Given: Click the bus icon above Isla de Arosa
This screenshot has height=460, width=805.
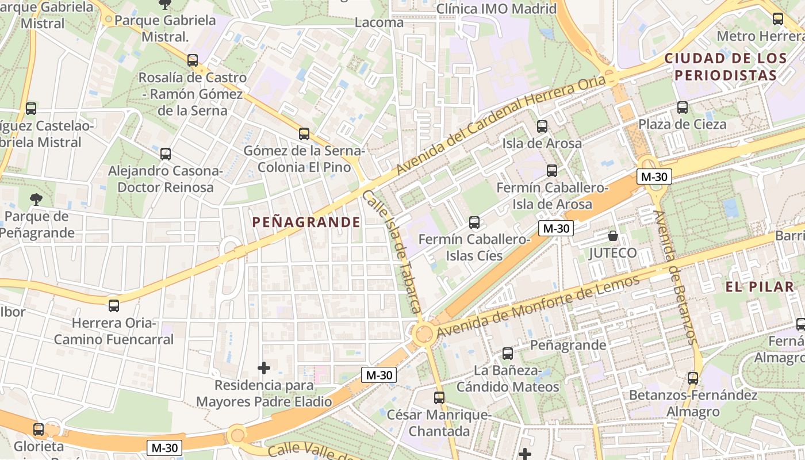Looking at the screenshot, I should click(542, 126).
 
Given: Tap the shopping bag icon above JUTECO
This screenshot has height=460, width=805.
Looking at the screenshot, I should click(613, 236).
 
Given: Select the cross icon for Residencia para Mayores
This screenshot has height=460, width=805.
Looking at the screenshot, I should click(264, 368).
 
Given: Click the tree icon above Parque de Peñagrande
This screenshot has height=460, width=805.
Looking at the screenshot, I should click(36, 200).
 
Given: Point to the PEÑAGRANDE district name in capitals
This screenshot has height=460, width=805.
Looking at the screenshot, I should click(306, 223).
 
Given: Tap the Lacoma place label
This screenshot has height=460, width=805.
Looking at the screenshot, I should click(379, 23).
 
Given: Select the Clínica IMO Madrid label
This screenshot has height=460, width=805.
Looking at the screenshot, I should click(496, 9).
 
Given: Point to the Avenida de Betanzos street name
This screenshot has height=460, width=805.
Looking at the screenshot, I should click(675, 276).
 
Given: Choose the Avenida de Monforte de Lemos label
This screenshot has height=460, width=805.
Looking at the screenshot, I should click(538, 306).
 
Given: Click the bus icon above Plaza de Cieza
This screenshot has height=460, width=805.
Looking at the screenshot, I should click(683, 108).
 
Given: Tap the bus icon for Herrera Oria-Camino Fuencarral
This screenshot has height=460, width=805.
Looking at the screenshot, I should click(114, 306).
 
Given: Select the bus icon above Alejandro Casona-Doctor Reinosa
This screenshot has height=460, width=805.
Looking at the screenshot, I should click(166, 154).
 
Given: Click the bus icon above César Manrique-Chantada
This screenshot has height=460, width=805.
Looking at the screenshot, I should click(439, 397).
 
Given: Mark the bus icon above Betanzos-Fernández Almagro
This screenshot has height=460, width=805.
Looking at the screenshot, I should click(693, 378).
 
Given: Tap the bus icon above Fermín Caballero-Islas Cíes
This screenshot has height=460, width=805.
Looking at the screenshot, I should click(474, 223).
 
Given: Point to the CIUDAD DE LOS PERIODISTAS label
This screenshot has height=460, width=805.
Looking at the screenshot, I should click(725, 67).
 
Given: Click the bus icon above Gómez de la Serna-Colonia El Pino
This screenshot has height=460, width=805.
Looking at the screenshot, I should click(304, 134).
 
